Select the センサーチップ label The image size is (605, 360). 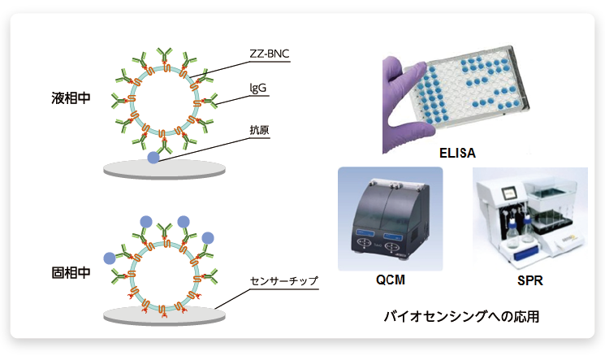click(284, 282)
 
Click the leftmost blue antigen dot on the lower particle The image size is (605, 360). click(110, 258)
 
